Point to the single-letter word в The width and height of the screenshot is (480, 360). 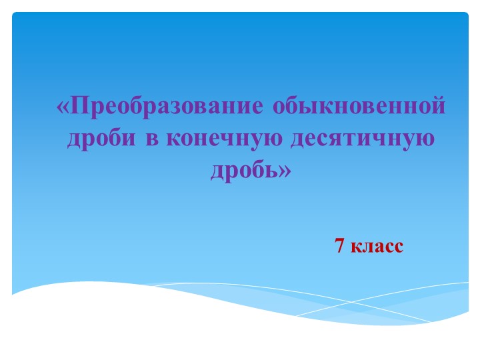150,139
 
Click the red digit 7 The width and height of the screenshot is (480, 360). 339,246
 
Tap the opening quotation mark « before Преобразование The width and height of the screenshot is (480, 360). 63,107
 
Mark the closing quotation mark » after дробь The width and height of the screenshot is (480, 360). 285,171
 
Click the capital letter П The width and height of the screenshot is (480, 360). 79,107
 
